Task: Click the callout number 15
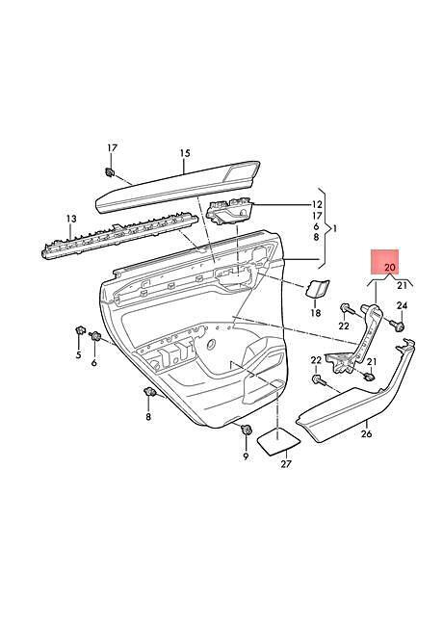tap(185, 153)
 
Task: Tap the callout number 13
tap(71, 219)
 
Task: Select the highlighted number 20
tap(390, 267)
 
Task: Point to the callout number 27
tap(286, 464)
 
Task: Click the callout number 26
tap(366, 433)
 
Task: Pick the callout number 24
tap(402, 306)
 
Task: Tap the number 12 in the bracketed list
tap(317, 205)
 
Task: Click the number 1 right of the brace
tap(334, 229)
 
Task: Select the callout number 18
tap(316, 313)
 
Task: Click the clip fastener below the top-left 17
tap(109, 172)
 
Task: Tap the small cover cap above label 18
tap(317, 288)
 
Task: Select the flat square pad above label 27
tap(278, 441)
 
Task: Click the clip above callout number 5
tap(80, 330)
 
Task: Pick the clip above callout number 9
tap(247, 430)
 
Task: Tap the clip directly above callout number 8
tap(149, 392)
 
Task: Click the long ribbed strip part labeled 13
tap(119, 237)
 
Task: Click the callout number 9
tap(246, 456)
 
